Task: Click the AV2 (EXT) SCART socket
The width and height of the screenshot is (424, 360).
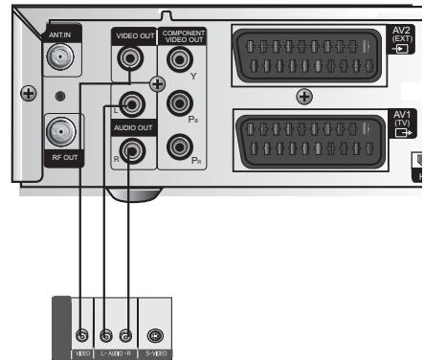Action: tap(304, 55)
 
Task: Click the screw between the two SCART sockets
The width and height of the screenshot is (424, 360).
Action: tap(304, 96)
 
